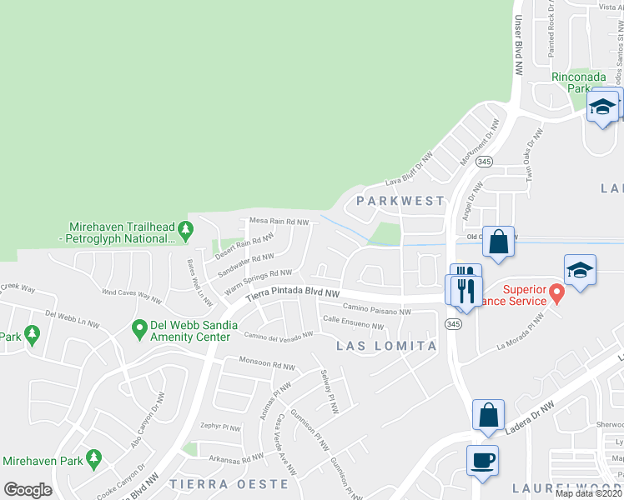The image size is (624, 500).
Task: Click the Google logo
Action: pos(28,490)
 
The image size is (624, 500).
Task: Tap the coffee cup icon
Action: pos(484,460)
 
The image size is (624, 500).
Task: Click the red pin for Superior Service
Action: pos(556,294)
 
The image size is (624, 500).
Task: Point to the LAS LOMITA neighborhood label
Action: pos(386,345)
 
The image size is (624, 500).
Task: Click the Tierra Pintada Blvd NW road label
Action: pos(293,294)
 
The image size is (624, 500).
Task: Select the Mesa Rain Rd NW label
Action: pos(279,222)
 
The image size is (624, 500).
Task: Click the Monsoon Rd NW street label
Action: pos(267,366)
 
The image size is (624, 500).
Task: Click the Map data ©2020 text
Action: pos(588,493)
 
